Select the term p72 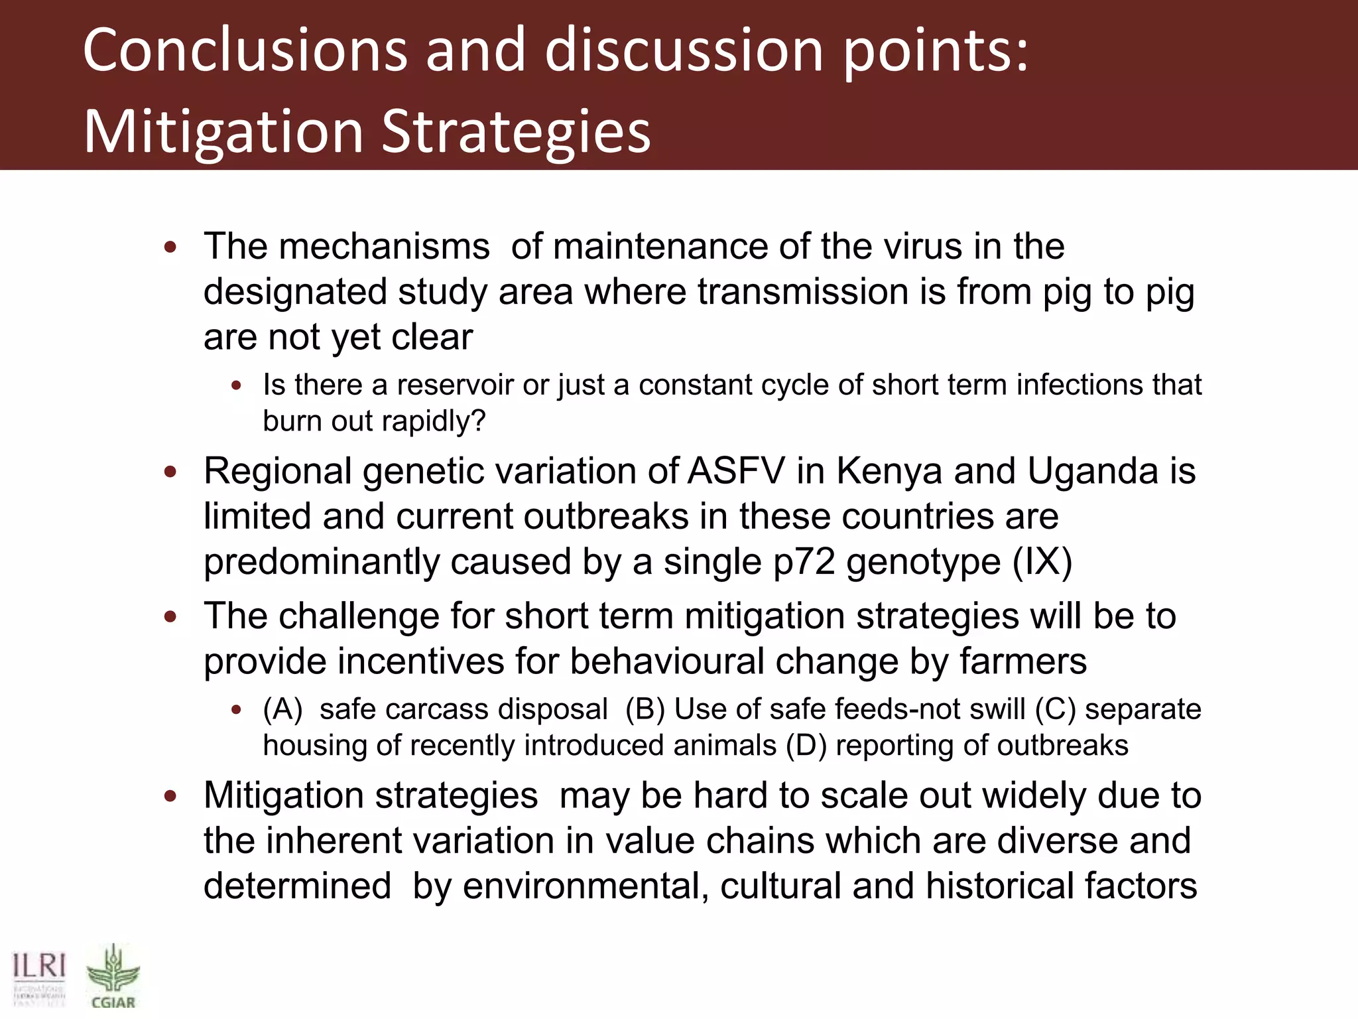(x=803, y=563)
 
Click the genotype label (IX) (x=1042, y=563)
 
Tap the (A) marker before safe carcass (x=282, y=709)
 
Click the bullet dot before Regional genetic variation (x=170, y=472)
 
